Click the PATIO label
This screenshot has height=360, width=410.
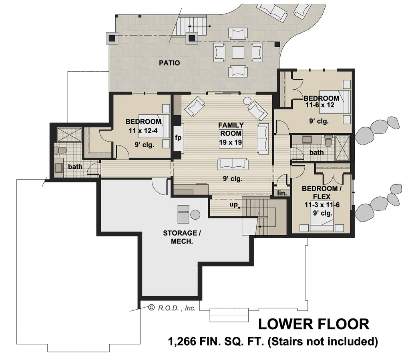click(x=169, y=63)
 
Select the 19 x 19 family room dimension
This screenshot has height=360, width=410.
click(x=230, y=142)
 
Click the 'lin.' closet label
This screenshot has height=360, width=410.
click(x=282, y=193)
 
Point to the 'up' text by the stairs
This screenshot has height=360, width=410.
click(x=234, y=204)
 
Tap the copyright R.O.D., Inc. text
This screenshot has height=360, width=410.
click(x=172, y=308)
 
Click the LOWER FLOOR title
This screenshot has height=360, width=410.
click(x=313, y=324)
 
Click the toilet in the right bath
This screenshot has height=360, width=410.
click(x=329, y=141)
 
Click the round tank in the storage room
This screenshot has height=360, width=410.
click(x=195, y=214)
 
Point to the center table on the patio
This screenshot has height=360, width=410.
click(x=237, y=52)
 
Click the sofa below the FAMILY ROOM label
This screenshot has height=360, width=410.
click(x=233, y=164)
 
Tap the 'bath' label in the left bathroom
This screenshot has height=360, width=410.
click(x=75, y=166)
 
